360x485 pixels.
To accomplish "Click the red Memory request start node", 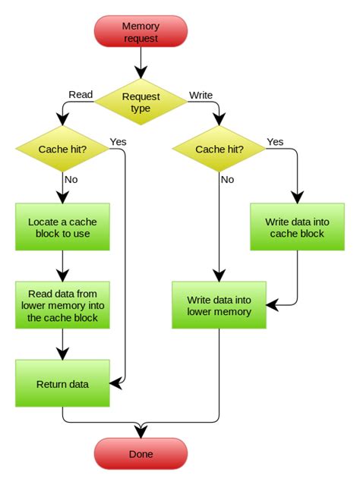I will click(x=141, y=32).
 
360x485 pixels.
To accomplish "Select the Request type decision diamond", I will click(x=141, y=102).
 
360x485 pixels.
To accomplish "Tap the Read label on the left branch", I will click(x=81, y=95).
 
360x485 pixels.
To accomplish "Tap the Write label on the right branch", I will click(x=201, y=95).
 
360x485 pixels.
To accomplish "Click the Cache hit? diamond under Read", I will click(x=62, y=149).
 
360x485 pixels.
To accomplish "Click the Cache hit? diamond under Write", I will click(x=219, y=149).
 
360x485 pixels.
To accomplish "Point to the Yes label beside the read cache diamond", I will click(x=118, y=141).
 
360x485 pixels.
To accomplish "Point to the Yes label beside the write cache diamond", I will click(x=275, y=141).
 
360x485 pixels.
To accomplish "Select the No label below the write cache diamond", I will click(x=228, y=181).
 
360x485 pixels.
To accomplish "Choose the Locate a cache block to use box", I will click(x=62, y=227).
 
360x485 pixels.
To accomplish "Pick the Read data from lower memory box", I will click(x=62, y=306).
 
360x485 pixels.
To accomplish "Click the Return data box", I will click(x=62, y=384).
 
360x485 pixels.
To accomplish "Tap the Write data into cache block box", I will click(x=295, y=227).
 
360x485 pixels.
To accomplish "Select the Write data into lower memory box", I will click(x=219, y=306).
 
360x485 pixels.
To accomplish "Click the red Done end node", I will click(x=141, y=454).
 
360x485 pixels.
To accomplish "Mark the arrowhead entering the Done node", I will click(x=141, y=433).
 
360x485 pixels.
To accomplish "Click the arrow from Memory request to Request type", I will click(x=141, y=65).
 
